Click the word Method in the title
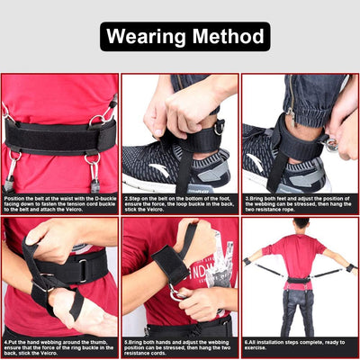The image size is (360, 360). point(224,37)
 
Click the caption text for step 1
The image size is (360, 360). point(59,202)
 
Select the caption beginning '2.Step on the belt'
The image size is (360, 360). point(179,202)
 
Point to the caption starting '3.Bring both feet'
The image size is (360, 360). point(299,202)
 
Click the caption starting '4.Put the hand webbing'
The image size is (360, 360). point(59,346)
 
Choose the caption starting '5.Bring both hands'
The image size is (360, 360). point(179,346)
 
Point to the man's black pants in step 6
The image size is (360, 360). point(300,310)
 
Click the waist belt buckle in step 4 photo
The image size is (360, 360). point(81,267)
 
